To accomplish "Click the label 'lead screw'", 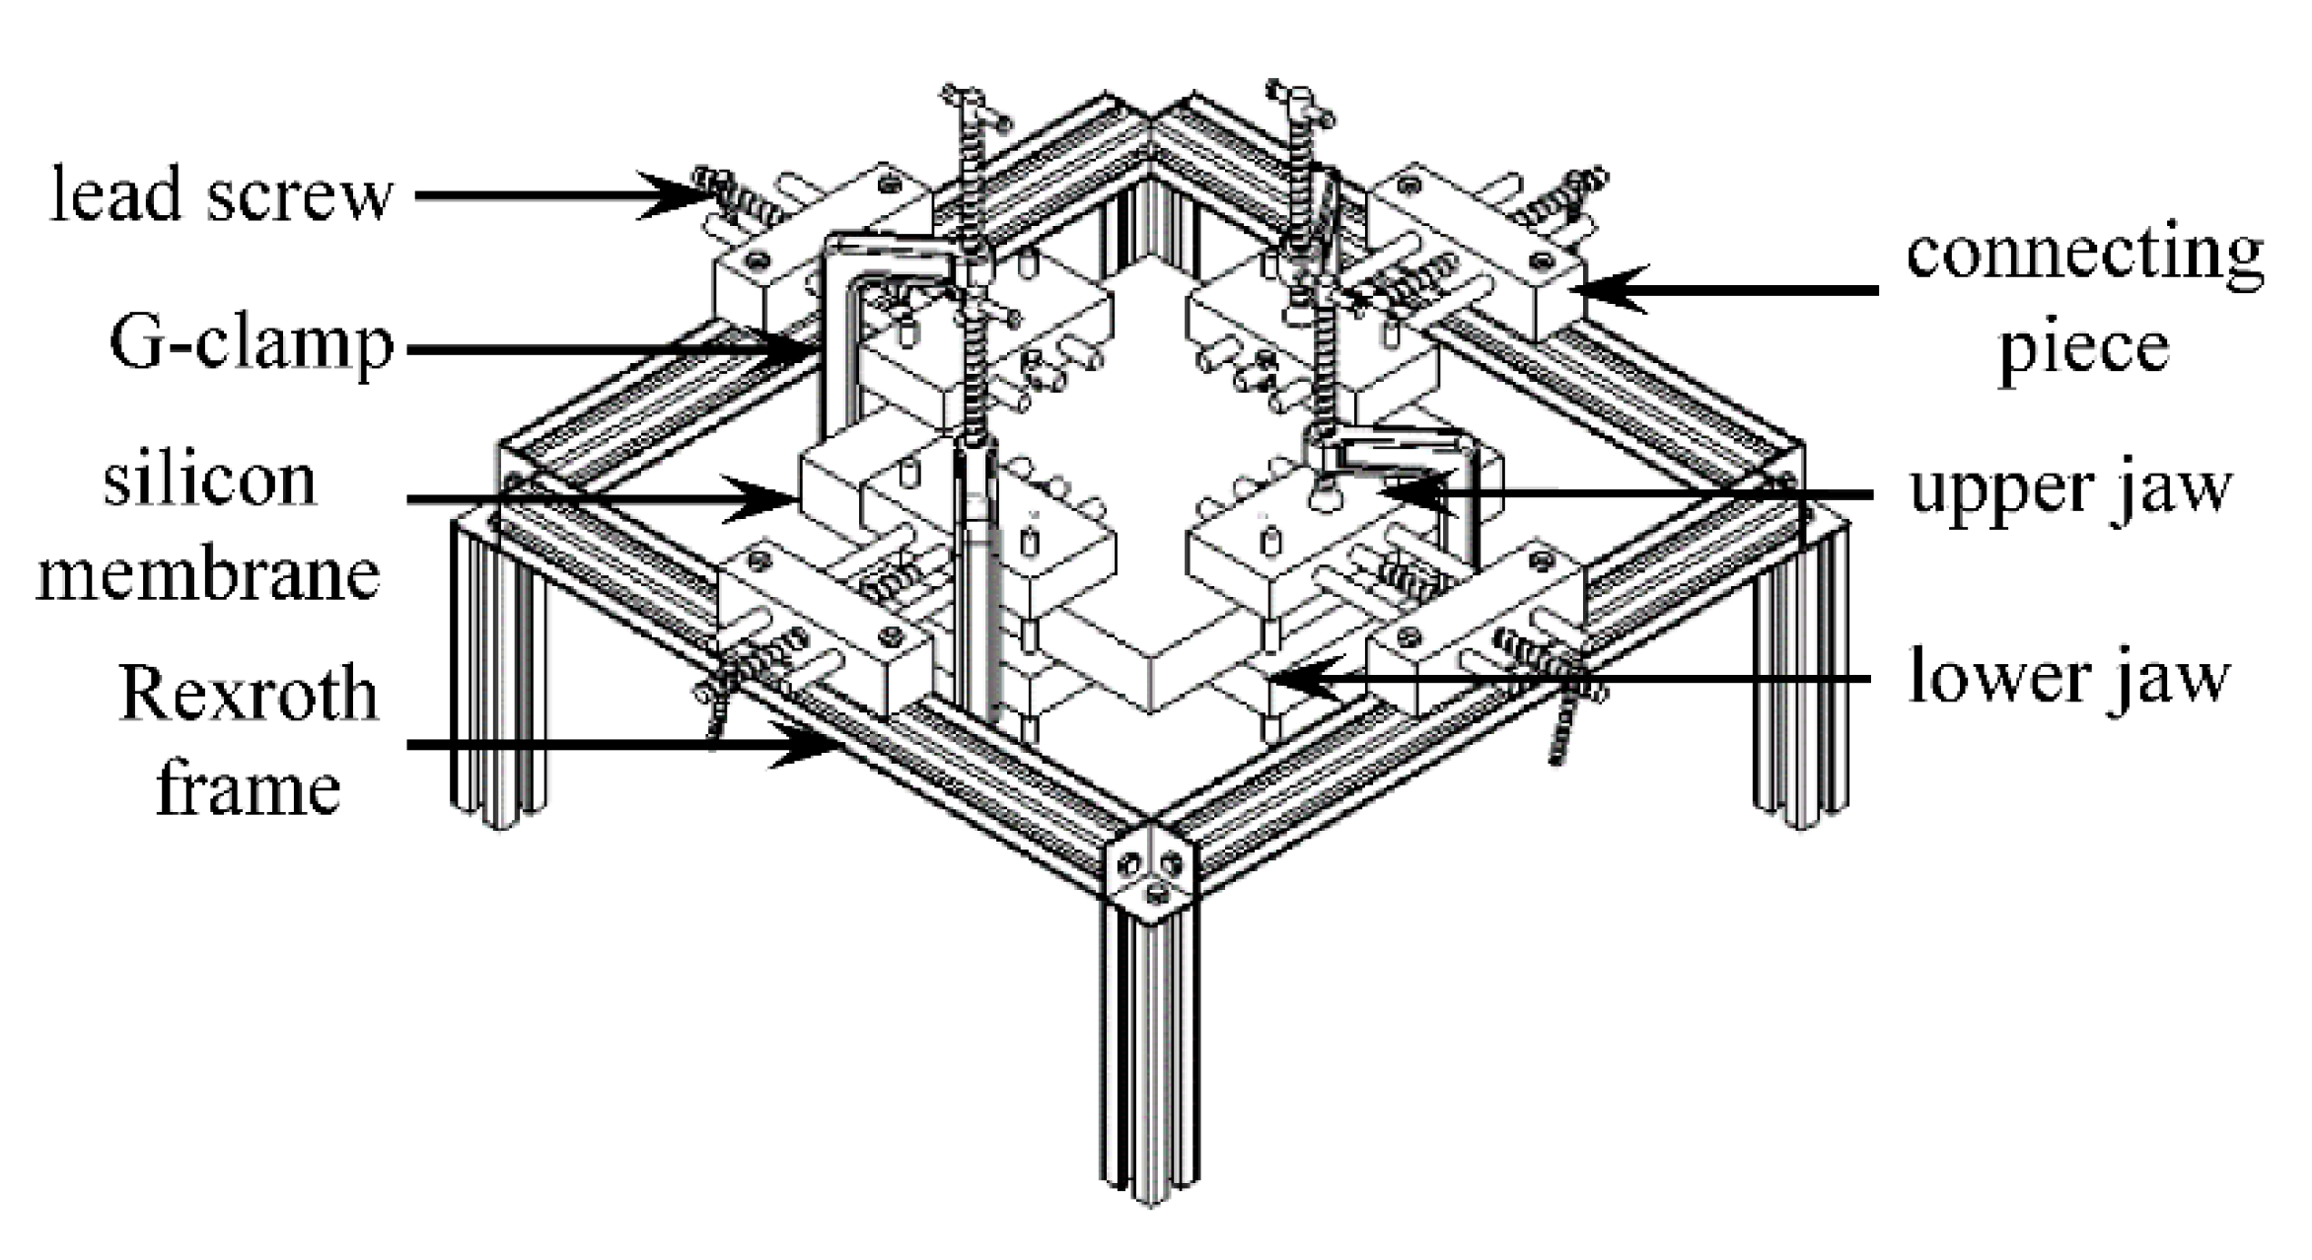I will pos(222,194).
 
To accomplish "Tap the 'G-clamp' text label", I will pos(252,345).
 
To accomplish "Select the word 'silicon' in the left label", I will pos(210,482).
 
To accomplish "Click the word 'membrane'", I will pos(208,575).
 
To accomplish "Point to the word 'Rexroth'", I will pos(249,695).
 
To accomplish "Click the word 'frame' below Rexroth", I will pos(249,790).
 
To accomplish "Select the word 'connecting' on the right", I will pos(2084,256).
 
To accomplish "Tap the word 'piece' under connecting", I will pos(2083,347).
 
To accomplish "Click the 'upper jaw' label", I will pos(2068,489).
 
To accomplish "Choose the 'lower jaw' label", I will pos(2068,679).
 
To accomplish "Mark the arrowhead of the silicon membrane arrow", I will pos(774,499).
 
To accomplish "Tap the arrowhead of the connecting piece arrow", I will pos(1603,289).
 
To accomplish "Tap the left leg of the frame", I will pos(498,681).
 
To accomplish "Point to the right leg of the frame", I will pos(1800,691).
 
